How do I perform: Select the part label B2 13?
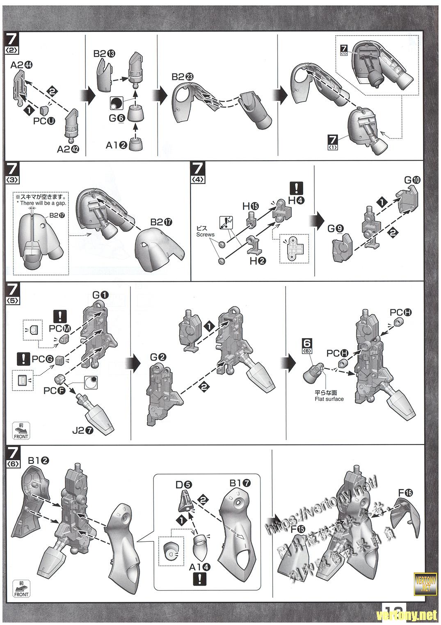104,53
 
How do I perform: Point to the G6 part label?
117,118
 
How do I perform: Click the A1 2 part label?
117,145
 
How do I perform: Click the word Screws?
205,235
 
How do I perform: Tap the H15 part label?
250,206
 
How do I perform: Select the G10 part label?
412,180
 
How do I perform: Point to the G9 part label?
335,229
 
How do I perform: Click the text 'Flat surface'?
329,399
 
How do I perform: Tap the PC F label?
54,391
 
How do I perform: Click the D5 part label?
183,484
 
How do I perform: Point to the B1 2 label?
39,460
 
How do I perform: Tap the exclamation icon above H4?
296,188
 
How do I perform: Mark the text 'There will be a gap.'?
41,203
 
